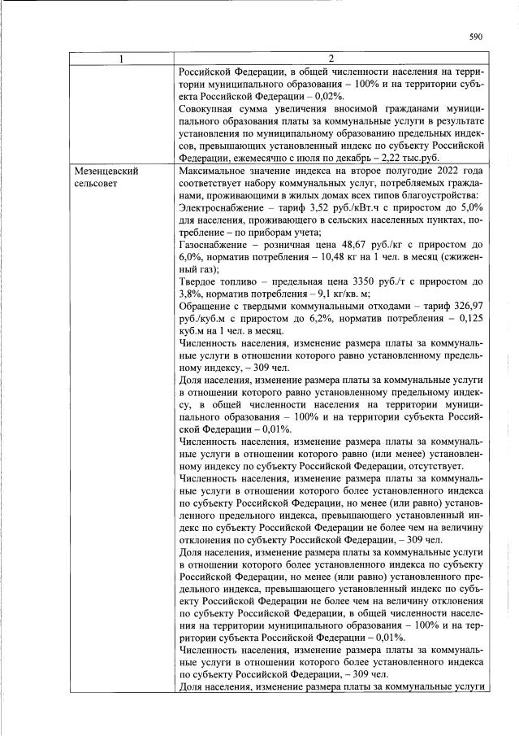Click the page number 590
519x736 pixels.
[476, 37]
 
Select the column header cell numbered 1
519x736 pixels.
[122, 59]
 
